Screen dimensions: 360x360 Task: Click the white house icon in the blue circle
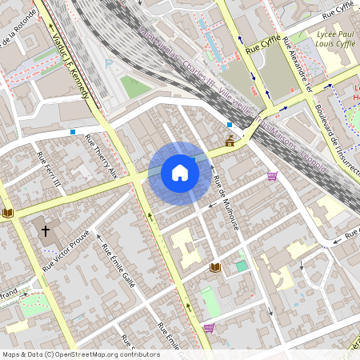180,173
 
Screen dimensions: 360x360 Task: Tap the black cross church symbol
46,231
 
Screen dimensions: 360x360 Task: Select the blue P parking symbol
109,62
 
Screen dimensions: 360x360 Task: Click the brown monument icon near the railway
230,142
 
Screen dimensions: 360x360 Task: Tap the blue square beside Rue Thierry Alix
74,131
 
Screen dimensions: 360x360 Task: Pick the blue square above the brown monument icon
230,125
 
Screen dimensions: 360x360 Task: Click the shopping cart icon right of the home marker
272,175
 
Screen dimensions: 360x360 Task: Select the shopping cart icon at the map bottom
209,327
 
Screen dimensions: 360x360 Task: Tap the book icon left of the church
8,213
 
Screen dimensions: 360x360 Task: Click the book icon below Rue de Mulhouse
214,266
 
